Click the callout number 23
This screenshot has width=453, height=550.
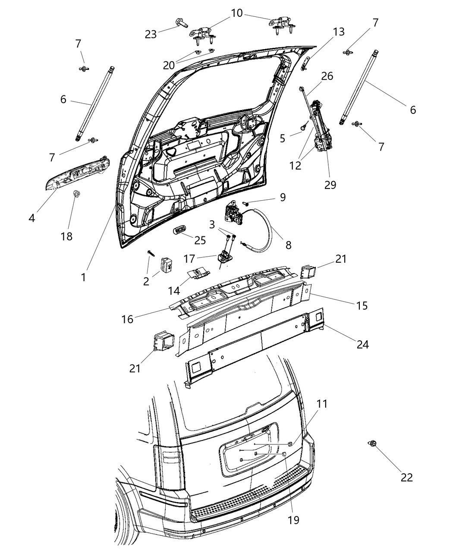click(x=151, y=34)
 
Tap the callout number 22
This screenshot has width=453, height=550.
click(x=406, y=477)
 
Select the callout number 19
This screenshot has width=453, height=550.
click(x=293, y=520)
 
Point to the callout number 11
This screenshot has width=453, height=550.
click(x=322, y=404)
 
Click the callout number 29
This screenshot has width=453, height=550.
click(x=330, y=185)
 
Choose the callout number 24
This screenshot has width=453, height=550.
click(x=362, y=344)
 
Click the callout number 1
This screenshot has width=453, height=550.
click(x=83, y=277)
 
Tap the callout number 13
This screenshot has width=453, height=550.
click(x=339, y=32)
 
